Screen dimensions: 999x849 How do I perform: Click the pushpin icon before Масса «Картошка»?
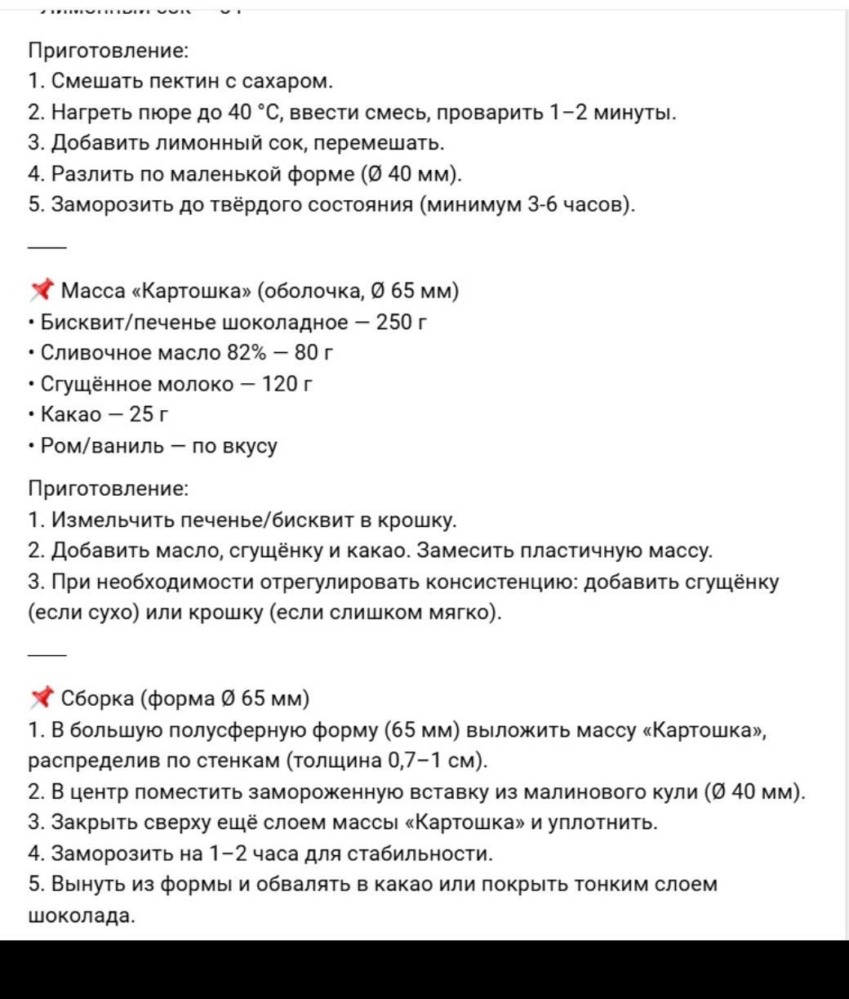click(42, 290)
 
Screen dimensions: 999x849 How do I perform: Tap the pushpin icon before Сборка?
click(42, 698)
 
